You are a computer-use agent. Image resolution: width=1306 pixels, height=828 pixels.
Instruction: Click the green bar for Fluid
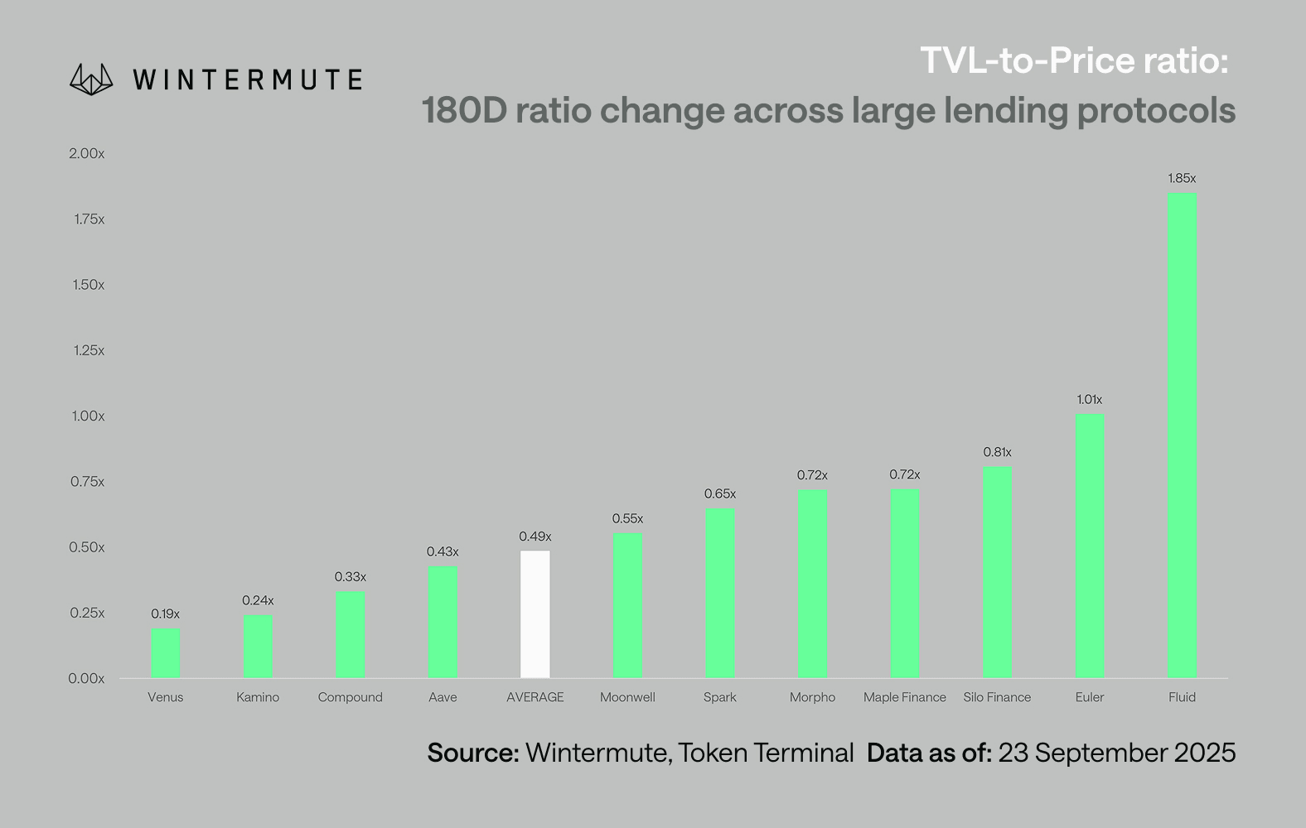(x=1182, y=436)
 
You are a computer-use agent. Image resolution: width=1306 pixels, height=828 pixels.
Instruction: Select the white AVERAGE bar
(x=534, y=614)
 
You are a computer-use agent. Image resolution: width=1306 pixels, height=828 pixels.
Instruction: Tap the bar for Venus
(x=166, y=653)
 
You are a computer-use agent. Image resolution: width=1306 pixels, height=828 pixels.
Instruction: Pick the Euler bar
(x=1090, y=546)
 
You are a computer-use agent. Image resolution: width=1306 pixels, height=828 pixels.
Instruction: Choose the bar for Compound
(x=351, y=635)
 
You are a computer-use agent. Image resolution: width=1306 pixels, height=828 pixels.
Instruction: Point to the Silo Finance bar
(x=997, y=572)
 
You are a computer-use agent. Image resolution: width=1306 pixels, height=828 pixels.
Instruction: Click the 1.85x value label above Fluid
(x=1182, y=178)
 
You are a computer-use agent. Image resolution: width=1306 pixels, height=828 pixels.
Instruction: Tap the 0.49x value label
(x=534, y=537)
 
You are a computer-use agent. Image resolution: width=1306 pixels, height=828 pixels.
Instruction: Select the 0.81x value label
(x=997, y=452)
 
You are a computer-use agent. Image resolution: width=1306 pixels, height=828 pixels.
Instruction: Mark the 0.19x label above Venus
(x=166, y=614)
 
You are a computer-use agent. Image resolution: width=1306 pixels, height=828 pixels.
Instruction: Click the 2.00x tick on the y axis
(x=87, y=154)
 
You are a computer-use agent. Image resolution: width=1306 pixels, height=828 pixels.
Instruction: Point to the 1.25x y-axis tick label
(x=89, y=350)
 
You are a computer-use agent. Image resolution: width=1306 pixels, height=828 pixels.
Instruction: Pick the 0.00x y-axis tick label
(x=87, y=678)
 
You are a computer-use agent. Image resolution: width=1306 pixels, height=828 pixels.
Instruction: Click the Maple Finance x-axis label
(x=904, y=697)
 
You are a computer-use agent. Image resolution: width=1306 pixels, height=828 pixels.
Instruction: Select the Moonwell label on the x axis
(x=627, y=697)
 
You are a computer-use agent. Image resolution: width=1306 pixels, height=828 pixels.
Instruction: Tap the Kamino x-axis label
(x=258, y=697)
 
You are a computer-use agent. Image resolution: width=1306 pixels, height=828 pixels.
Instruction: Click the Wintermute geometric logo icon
(x=91, y=79)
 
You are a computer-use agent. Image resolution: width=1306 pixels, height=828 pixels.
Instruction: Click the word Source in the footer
(x=472, y=753)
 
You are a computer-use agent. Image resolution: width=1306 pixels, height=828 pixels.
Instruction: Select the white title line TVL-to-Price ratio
(x=1074, y=60)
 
